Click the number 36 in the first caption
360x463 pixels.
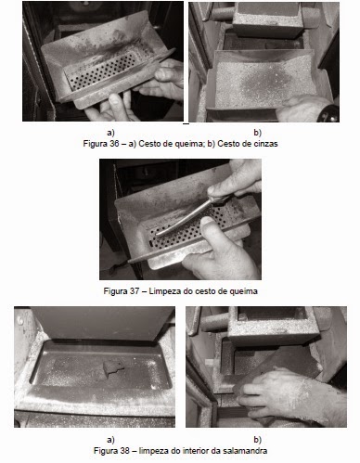tap(113, 144)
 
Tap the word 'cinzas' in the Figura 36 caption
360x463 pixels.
tap(268, 144)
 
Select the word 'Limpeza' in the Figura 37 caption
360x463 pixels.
tap(161, 291)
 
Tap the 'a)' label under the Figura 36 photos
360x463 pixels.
tap(110, 133)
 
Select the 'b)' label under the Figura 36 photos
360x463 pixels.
tap(257, 133)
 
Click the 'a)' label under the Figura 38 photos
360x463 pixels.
tap(110, 440)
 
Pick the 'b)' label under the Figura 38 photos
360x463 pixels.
tap(257, 440)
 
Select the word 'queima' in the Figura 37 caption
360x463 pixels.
tap(246, 291)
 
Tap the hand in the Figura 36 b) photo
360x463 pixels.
tap(304, 109)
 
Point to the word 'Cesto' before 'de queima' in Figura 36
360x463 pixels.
tap(148, 144)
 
